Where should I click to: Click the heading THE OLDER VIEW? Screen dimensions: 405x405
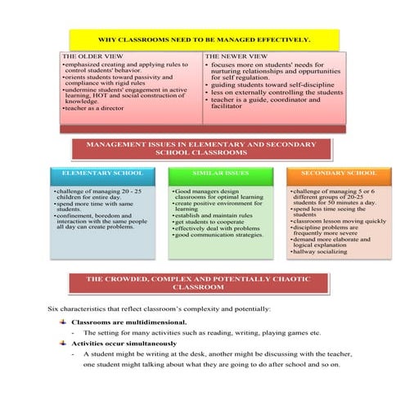88,56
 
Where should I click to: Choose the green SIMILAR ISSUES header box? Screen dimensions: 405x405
219,173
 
